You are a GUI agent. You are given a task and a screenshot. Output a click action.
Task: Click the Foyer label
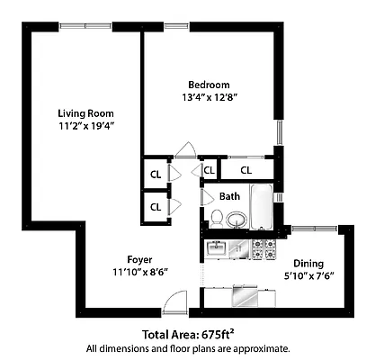[139, 256]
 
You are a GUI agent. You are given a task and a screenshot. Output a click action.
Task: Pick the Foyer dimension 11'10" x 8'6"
[139, 271]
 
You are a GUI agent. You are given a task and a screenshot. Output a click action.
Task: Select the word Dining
[308, 264]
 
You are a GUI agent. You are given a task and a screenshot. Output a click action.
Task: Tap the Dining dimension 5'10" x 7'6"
[308, 277]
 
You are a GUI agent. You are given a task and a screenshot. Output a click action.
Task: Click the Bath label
[230, 196]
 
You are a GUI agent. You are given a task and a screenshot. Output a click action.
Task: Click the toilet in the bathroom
[217, 216]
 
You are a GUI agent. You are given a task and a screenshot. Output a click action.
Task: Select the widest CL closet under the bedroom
[246, 169]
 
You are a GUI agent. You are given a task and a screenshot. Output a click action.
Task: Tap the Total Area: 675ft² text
[187, 332]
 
